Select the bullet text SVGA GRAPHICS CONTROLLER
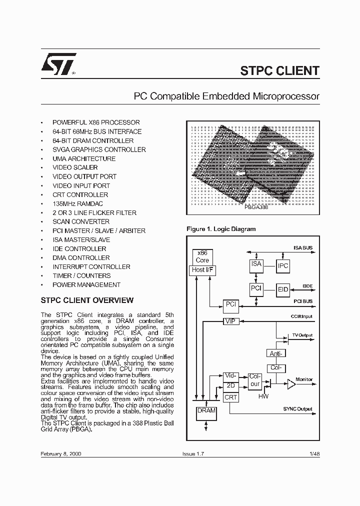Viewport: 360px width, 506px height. (99, 149)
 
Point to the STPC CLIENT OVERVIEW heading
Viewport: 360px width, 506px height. (86, 300)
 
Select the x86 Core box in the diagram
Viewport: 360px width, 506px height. (202, 257)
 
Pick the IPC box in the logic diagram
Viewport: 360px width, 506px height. (283, 266)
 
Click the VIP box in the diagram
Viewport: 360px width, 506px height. (230, 321)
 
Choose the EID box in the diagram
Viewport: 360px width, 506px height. (283, 289)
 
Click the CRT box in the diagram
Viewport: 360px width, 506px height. (230, 397)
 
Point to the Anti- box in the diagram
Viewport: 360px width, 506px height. (276, 353)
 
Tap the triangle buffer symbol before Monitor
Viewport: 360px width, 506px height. (290, 384)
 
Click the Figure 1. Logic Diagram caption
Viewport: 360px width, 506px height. (220, 229)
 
